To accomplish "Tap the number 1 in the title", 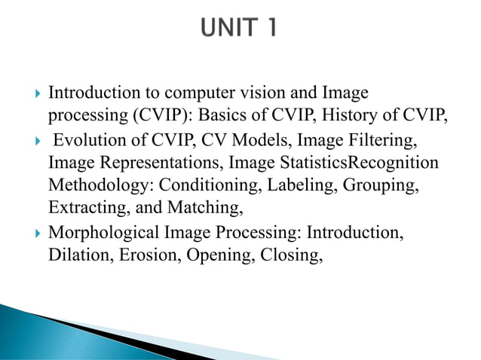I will point(270,29).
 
